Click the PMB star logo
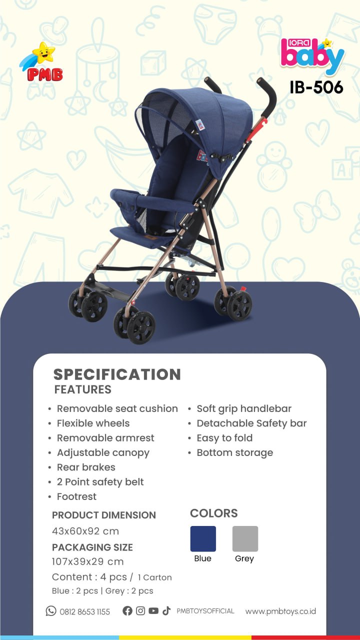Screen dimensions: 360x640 click(x=41, y=61)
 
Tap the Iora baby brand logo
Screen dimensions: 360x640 click(x=312, y=56)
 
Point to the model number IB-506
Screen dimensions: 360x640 click(x=316, y=87)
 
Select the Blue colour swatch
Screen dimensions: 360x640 click(x=203, y=538)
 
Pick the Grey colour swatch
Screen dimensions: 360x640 click(x=245, y=538)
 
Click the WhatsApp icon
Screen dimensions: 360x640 click(x=51, y=611)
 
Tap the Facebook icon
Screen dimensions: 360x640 click(x=127, y=610)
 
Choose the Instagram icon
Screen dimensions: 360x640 click(x=140, y=610)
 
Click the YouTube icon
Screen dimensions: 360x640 click(x=153, y=610)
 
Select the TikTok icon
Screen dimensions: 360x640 click(x=166, y=610)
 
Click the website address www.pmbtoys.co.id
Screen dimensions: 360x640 click(x=280, y=611)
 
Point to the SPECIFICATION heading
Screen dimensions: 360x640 click(x=117, y=374)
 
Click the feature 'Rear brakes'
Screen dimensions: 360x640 click(x=86, y=467)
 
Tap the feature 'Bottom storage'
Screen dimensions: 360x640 click(x=235, y=452)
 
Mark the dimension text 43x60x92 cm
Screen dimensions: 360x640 click(x=85, y=531)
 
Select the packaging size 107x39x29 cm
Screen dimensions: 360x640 click(x=87, y=561)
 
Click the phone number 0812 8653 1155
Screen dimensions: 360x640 click(x=84, y=611)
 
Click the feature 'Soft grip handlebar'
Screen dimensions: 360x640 click(x=244, y=409)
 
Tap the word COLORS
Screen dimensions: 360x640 click(x=213, y=513)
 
